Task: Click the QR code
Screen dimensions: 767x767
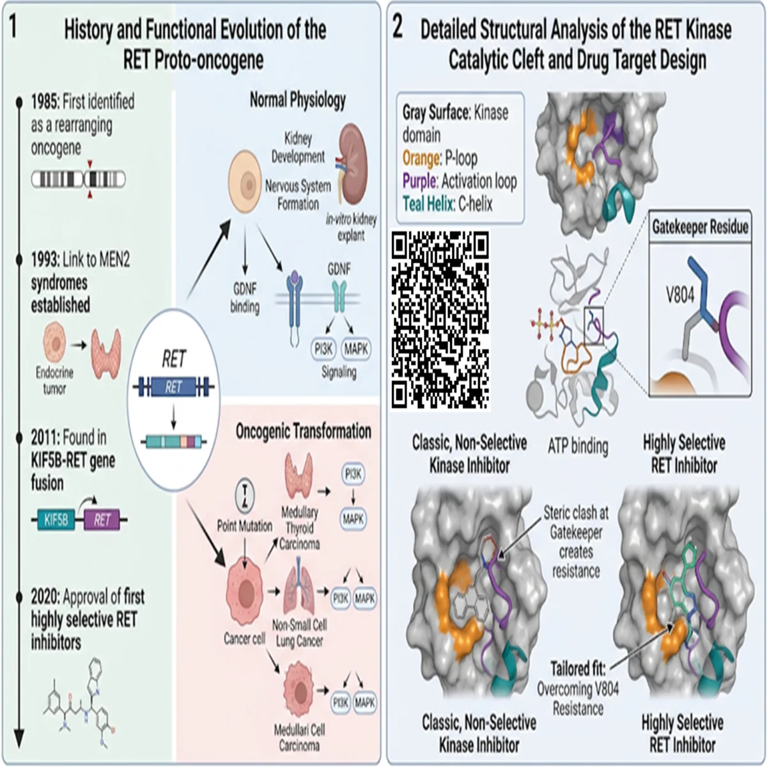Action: (440, 320)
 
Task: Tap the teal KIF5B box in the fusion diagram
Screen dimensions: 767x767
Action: (56, 520)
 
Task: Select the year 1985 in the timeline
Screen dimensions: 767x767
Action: (45, 102)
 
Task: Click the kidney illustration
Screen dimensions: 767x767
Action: (353, 165)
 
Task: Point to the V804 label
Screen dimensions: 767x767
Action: (680, 296)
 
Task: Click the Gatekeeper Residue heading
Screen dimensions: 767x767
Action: (700, 227)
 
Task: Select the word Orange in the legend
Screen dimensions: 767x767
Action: (421, 159)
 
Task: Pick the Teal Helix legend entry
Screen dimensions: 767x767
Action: (448, 204)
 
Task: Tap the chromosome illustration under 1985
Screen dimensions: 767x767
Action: (79, 179)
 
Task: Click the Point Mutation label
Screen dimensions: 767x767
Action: (244, 526)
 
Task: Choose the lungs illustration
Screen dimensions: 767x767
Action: (299, 591)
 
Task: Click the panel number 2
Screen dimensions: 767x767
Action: (398, 28)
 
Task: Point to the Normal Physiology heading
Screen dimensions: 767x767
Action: (298, 100)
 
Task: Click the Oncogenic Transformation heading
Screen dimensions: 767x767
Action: (304, 431)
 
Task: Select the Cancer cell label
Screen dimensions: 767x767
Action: (244, 639)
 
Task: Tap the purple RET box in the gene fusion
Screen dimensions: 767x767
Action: (102, 520)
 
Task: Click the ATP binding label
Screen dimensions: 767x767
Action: (578, 446)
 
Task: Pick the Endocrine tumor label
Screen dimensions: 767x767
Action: (54, 380)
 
